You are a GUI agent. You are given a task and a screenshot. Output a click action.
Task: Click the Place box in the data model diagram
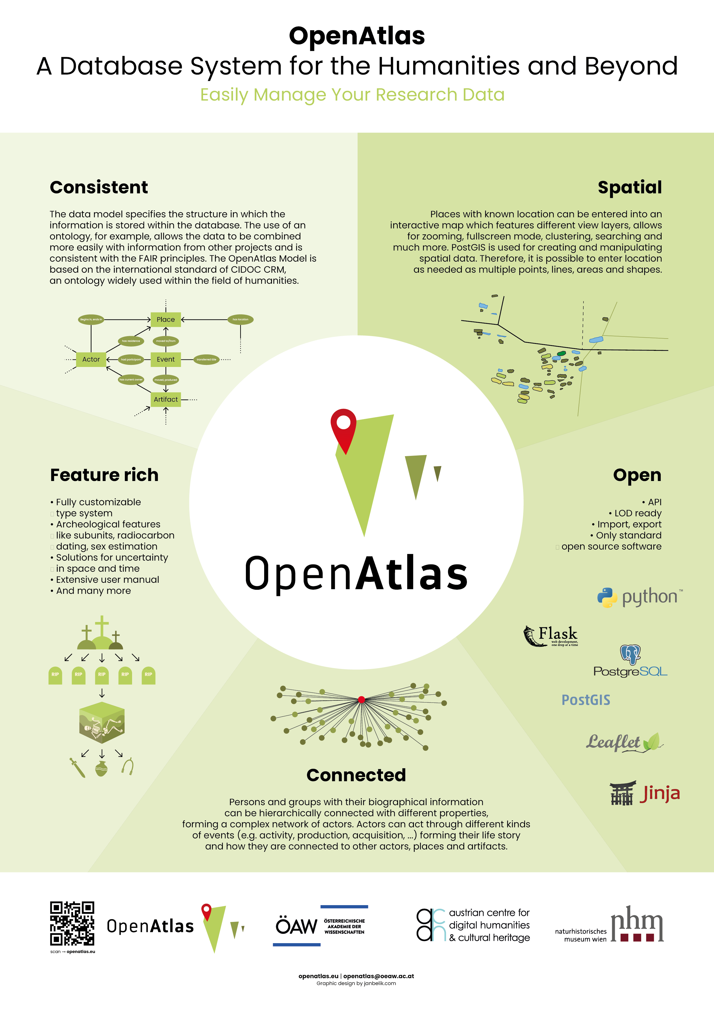[x=166, y=319]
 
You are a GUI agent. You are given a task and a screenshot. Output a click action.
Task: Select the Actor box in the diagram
[x=91, y=359]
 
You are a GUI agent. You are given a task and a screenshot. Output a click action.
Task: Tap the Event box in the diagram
[x=166, y=359]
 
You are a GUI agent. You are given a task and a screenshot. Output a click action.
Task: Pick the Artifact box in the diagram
[x=166, y=400]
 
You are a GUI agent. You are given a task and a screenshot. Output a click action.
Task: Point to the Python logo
[x=640, y=597]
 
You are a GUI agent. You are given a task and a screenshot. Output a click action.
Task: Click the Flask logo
[x=551, y=636]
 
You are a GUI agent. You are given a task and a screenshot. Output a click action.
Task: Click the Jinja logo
[x=645, y=793]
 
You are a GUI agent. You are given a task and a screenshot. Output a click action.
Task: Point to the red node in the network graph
[x=361, y=700]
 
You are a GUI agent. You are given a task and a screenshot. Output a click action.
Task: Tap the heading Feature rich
[x=104, y=475]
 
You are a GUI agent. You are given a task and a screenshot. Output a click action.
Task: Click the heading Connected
[x=356, y=775]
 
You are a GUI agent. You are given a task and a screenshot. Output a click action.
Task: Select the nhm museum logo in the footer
[x=637, y=924]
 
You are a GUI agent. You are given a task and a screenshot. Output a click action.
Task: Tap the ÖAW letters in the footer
[x=296, y=926]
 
